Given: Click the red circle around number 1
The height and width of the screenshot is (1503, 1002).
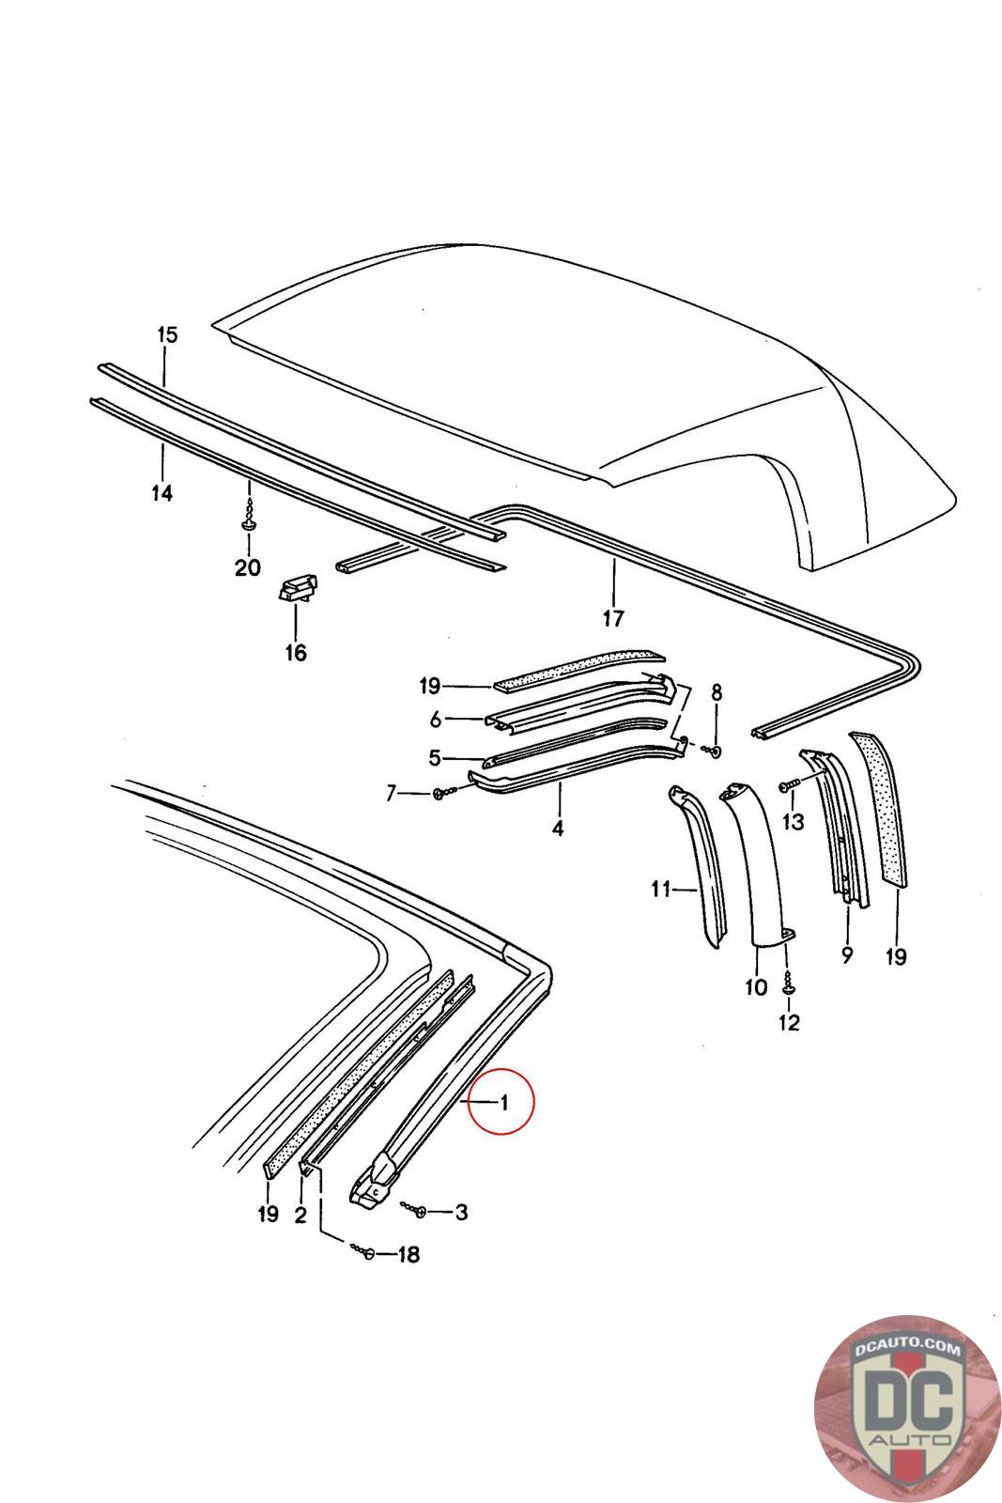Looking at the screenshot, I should [x=501, y=1101].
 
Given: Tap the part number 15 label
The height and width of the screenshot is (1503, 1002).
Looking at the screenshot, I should [x=166, y=334].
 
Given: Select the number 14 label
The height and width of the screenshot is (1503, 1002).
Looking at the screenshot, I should [x=162, y=492].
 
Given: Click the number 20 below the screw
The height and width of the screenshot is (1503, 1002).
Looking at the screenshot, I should [x=248, y=568].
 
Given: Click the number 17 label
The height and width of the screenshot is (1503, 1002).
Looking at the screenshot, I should [x=612, y=619].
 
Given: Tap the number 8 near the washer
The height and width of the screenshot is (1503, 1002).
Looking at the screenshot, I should [x=717, y=693].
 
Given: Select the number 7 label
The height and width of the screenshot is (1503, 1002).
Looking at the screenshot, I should [x=392, y=794].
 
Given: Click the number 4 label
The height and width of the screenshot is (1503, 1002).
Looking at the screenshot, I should [x=558, y=829].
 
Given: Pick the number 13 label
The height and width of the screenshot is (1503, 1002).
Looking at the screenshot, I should [x=794, y=822].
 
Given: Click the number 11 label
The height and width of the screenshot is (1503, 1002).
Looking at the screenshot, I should [x=660, y=888].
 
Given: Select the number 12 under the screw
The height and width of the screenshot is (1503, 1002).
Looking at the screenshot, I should [x=789, y=1022].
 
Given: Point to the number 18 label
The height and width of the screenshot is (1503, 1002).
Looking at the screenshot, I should [x=408, y=1254].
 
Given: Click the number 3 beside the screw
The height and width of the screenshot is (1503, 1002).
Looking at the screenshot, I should [x=460, y=1212].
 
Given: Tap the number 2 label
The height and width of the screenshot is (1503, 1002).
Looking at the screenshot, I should [x=301, y=1215].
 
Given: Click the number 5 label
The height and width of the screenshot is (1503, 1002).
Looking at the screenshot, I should [x=435, y=757].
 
